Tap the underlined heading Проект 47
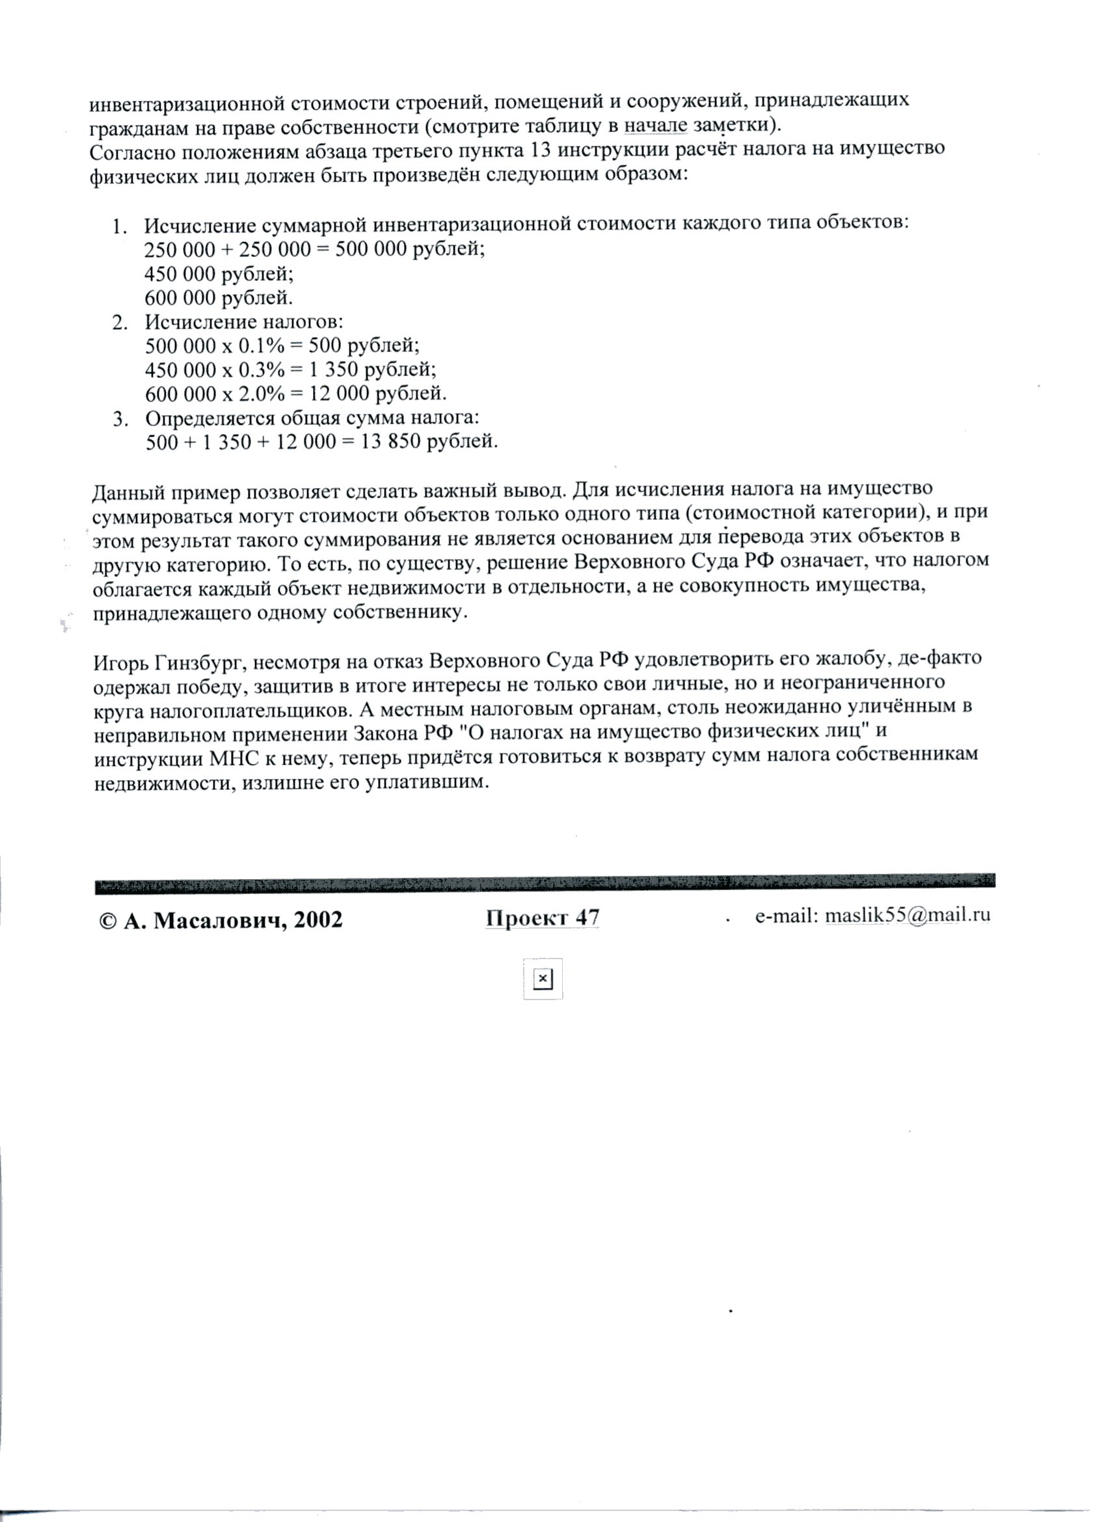click(x=542, y=917)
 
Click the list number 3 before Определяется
click(x=120, y=420)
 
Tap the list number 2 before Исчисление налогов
click(x=120, y=323)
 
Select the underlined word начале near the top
click(x=656, y=126)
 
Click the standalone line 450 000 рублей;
click(x=219, y=274)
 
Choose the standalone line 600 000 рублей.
click(x=219, y=298)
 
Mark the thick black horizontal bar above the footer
click(x=545, y=884)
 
